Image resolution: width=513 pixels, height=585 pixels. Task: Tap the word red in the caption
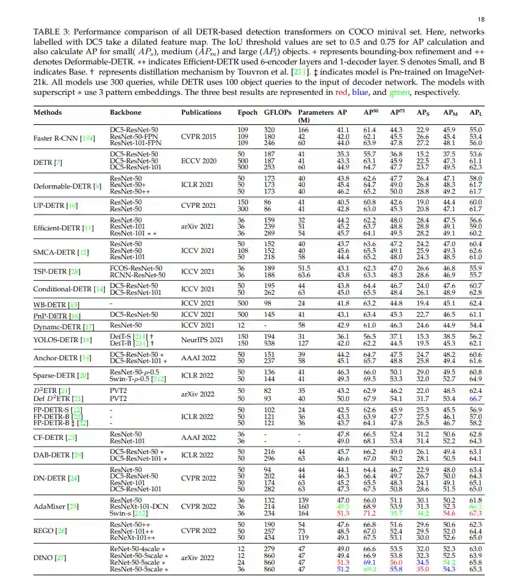(341, 93)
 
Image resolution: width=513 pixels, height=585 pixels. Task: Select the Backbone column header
(126, 112)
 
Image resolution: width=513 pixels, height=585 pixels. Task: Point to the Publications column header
(201, 112)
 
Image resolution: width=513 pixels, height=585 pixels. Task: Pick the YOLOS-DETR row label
(63, 339)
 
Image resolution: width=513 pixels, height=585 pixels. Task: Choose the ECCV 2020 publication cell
(198, 161)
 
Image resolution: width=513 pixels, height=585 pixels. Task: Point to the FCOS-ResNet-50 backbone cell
(136, 268)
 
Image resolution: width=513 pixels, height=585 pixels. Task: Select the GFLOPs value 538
(269, 343)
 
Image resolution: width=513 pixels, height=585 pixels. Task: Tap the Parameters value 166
(303, 130)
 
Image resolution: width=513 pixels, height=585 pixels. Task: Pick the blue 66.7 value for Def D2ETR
(476, 398)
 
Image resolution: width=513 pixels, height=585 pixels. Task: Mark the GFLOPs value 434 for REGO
(269, 538)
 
